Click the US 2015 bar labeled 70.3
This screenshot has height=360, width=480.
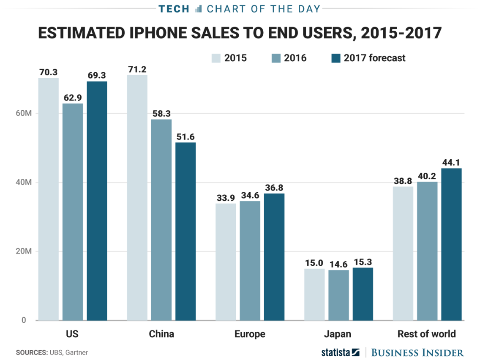click(x=49, y=199)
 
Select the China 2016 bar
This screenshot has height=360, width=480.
click(x=161, y=220)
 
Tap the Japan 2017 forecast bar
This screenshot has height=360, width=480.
click(x=363, y=294)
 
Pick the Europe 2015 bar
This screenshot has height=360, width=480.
click(x=226, y=262)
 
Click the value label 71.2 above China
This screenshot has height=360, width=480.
click(x=137, y=68)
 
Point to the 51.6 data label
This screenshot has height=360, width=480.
click(x=185, y=136)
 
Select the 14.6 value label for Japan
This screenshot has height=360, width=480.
click(x=338, y=264)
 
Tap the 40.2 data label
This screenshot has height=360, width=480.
click(x=427, y=176)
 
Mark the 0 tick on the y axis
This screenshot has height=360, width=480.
click(x=24, y=320)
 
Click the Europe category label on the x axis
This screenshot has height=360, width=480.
click(x=250, y=334)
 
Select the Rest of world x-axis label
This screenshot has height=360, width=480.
click(x=427, y=334)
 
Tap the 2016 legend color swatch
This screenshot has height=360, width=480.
click(x=275, y=58)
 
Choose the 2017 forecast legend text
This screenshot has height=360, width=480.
click(x=374, y=58)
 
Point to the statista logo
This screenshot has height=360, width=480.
click(x=340, y=352)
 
